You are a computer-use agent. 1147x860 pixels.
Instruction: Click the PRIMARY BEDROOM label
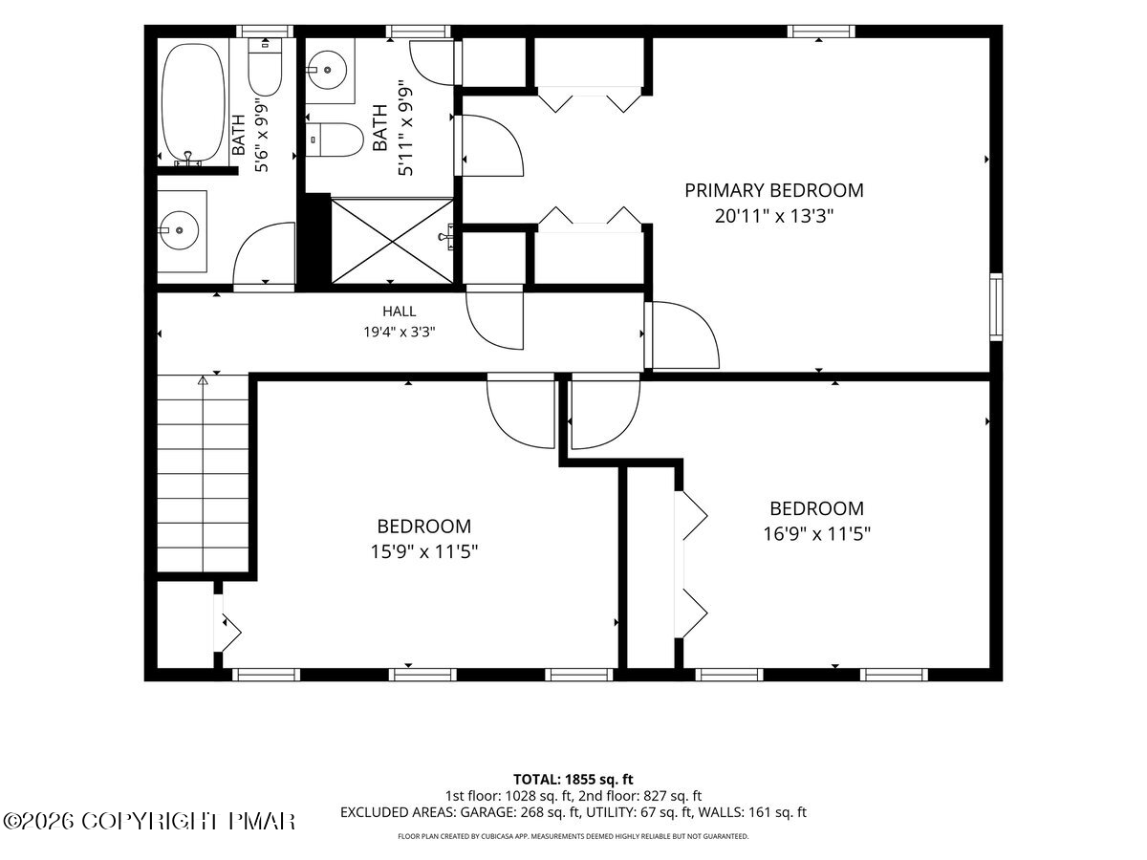(x=773, y=190)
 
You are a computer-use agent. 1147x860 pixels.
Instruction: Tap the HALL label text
(x=400, y=312)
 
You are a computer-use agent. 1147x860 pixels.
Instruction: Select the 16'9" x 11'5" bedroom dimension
(x=816, y=534)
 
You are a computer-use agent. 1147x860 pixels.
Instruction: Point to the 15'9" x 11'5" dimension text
(x=424, y=551)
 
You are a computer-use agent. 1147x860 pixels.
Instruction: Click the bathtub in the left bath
(x=193, y=103)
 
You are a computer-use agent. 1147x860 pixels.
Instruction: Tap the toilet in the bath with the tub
(x=265, y=67)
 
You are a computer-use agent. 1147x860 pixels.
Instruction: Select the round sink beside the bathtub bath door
(x=179, y=230)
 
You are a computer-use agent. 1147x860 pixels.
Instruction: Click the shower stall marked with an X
(x=392, y=241)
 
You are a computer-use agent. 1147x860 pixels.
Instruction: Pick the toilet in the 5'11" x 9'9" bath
(x=335, y=140)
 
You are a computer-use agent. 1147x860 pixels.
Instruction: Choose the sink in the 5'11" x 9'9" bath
(x=327, y=70)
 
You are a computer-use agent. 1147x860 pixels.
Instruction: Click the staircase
(x=203, y=473)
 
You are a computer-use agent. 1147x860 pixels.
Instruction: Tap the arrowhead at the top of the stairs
(x=203, y=380)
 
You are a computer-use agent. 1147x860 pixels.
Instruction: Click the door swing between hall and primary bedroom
(x=683, y=335)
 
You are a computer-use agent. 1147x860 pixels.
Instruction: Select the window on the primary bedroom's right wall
(x=996, y=307)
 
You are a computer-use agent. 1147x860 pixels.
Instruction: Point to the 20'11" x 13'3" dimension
(x=773, y=216)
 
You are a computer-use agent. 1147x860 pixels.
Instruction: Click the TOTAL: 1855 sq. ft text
(x=573, y=780)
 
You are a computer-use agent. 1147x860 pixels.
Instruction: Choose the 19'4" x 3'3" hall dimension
(x=400, y=333)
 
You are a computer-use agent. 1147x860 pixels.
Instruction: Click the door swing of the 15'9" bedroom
(x=521, y=411)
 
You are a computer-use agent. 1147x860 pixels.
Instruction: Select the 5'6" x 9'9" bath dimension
(x=261, y=137)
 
